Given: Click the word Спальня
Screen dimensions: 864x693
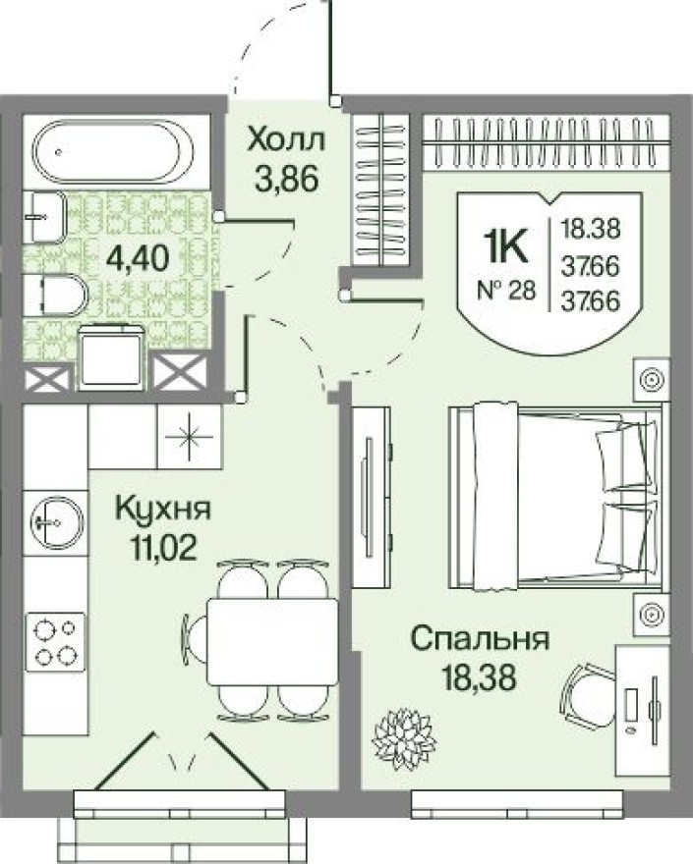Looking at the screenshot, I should click(x=479, y=639).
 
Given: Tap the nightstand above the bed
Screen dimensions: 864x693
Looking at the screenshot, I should click(x=651, y=379).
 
